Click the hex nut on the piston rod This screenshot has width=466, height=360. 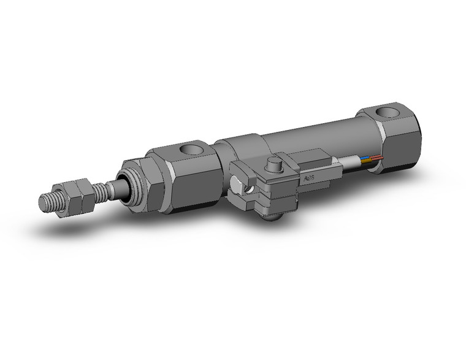(79, 190)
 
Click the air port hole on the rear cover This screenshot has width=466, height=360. (386, 113)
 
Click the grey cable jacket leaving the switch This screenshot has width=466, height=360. (349, 163)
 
